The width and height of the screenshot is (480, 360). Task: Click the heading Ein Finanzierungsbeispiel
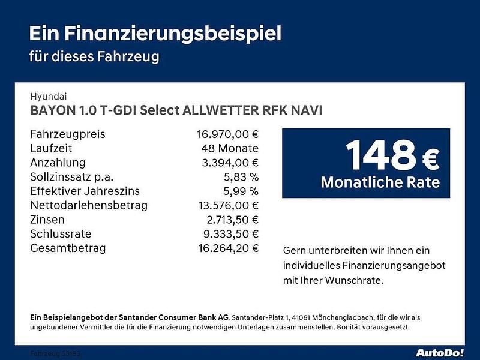(155, 33)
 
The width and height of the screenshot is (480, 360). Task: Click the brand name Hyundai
(49, 96)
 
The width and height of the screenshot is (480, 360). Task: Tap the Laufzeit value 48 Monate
(230, 148)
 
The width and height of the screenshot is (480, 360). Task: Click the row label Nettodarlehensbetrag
(88, 206)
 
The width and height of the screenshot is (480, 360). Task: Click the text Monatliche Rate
(380, 182)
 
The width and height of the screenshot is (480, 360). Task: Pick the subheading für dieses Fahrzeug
(94, 57)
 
